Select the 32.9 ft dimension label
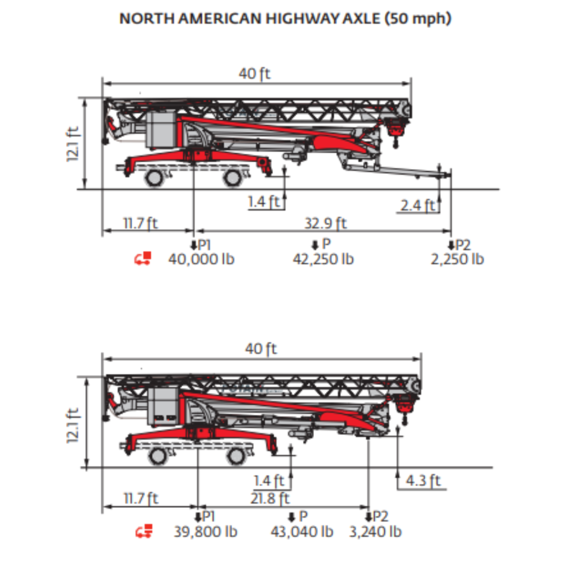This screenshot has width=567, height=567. [326, 223]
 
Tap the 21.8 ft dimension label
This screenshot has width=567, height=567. [270, 498]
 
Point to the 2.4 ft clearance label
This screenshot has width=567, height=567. [417, 205]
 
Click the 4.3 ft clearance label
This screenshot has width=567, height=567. [423, 481]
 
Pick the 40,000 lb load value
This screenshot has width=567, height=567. [202, 259]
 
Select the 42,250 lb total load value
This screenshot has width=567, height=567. [323, 259]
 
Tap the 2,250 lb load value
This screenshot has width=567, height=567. [457, 259]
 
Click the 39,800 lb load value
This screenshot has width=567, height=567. [205, 532]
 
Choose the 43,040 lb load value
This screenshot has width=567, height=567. [302, 532]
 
